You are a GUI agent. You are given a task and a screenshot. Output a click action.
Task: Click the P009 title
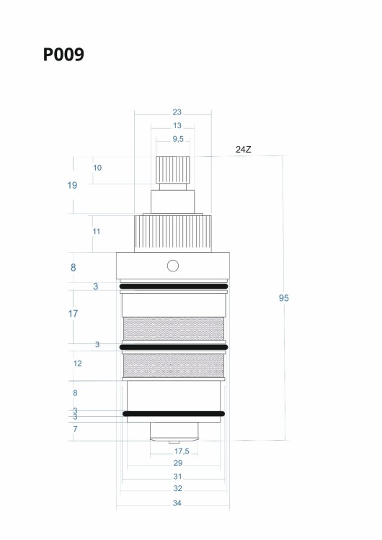63,55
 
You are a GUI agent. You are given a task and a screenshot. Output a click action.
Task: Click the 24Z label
244,150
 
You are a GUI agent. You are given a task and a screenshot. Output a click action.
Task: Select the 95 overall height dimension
284,298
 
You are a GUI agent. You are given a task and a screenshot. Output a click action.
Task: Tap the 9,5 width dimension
178,139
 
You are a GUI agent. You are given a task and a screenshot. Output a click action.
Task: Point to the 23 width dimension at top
177,112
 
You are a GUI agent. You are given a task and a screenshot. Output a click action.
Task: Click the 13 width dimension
177,125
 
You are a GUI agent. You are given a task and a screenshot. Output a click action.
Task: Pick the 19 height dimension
72,185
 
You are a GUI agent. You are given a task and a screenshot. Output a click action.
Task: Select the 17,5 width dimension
182,451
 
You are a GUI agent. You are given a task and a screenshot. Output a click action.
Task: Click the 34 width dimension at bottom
177,503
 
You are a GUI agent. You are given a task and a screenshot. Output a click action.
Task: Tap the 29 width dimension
178,463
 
